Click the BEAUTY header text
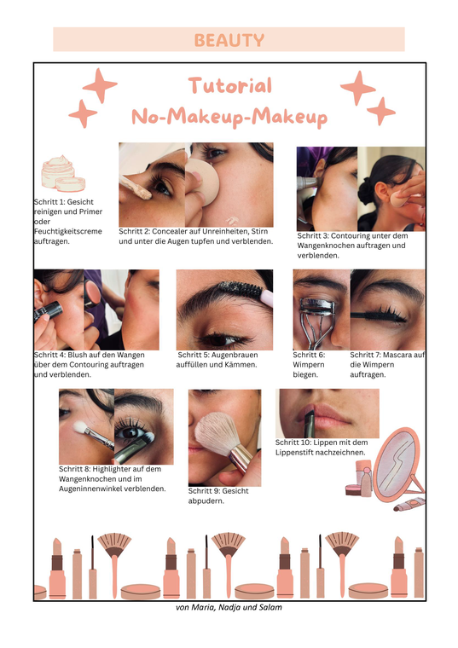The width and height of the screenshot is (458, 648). (x=229, y=40)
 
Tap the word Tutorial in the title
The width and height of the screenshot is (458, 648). (x=230, y=85)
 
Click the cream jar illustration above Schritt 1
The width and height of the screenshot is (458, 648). (x=63, y=174)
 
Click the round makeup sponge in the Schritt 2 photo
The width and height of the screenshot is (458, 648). (x=201, y=181)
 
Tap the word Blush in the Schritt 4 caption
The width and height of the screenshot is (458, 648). (x=78, y=355)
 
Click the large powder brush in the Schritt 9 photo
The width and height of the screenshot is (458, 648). (x=223, y=439)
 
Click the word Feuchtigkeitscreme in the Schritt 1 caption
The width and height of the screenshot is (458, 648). (x=67, y=231)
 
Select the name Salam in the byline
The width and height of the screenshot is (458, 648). (x=270, y=607)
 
